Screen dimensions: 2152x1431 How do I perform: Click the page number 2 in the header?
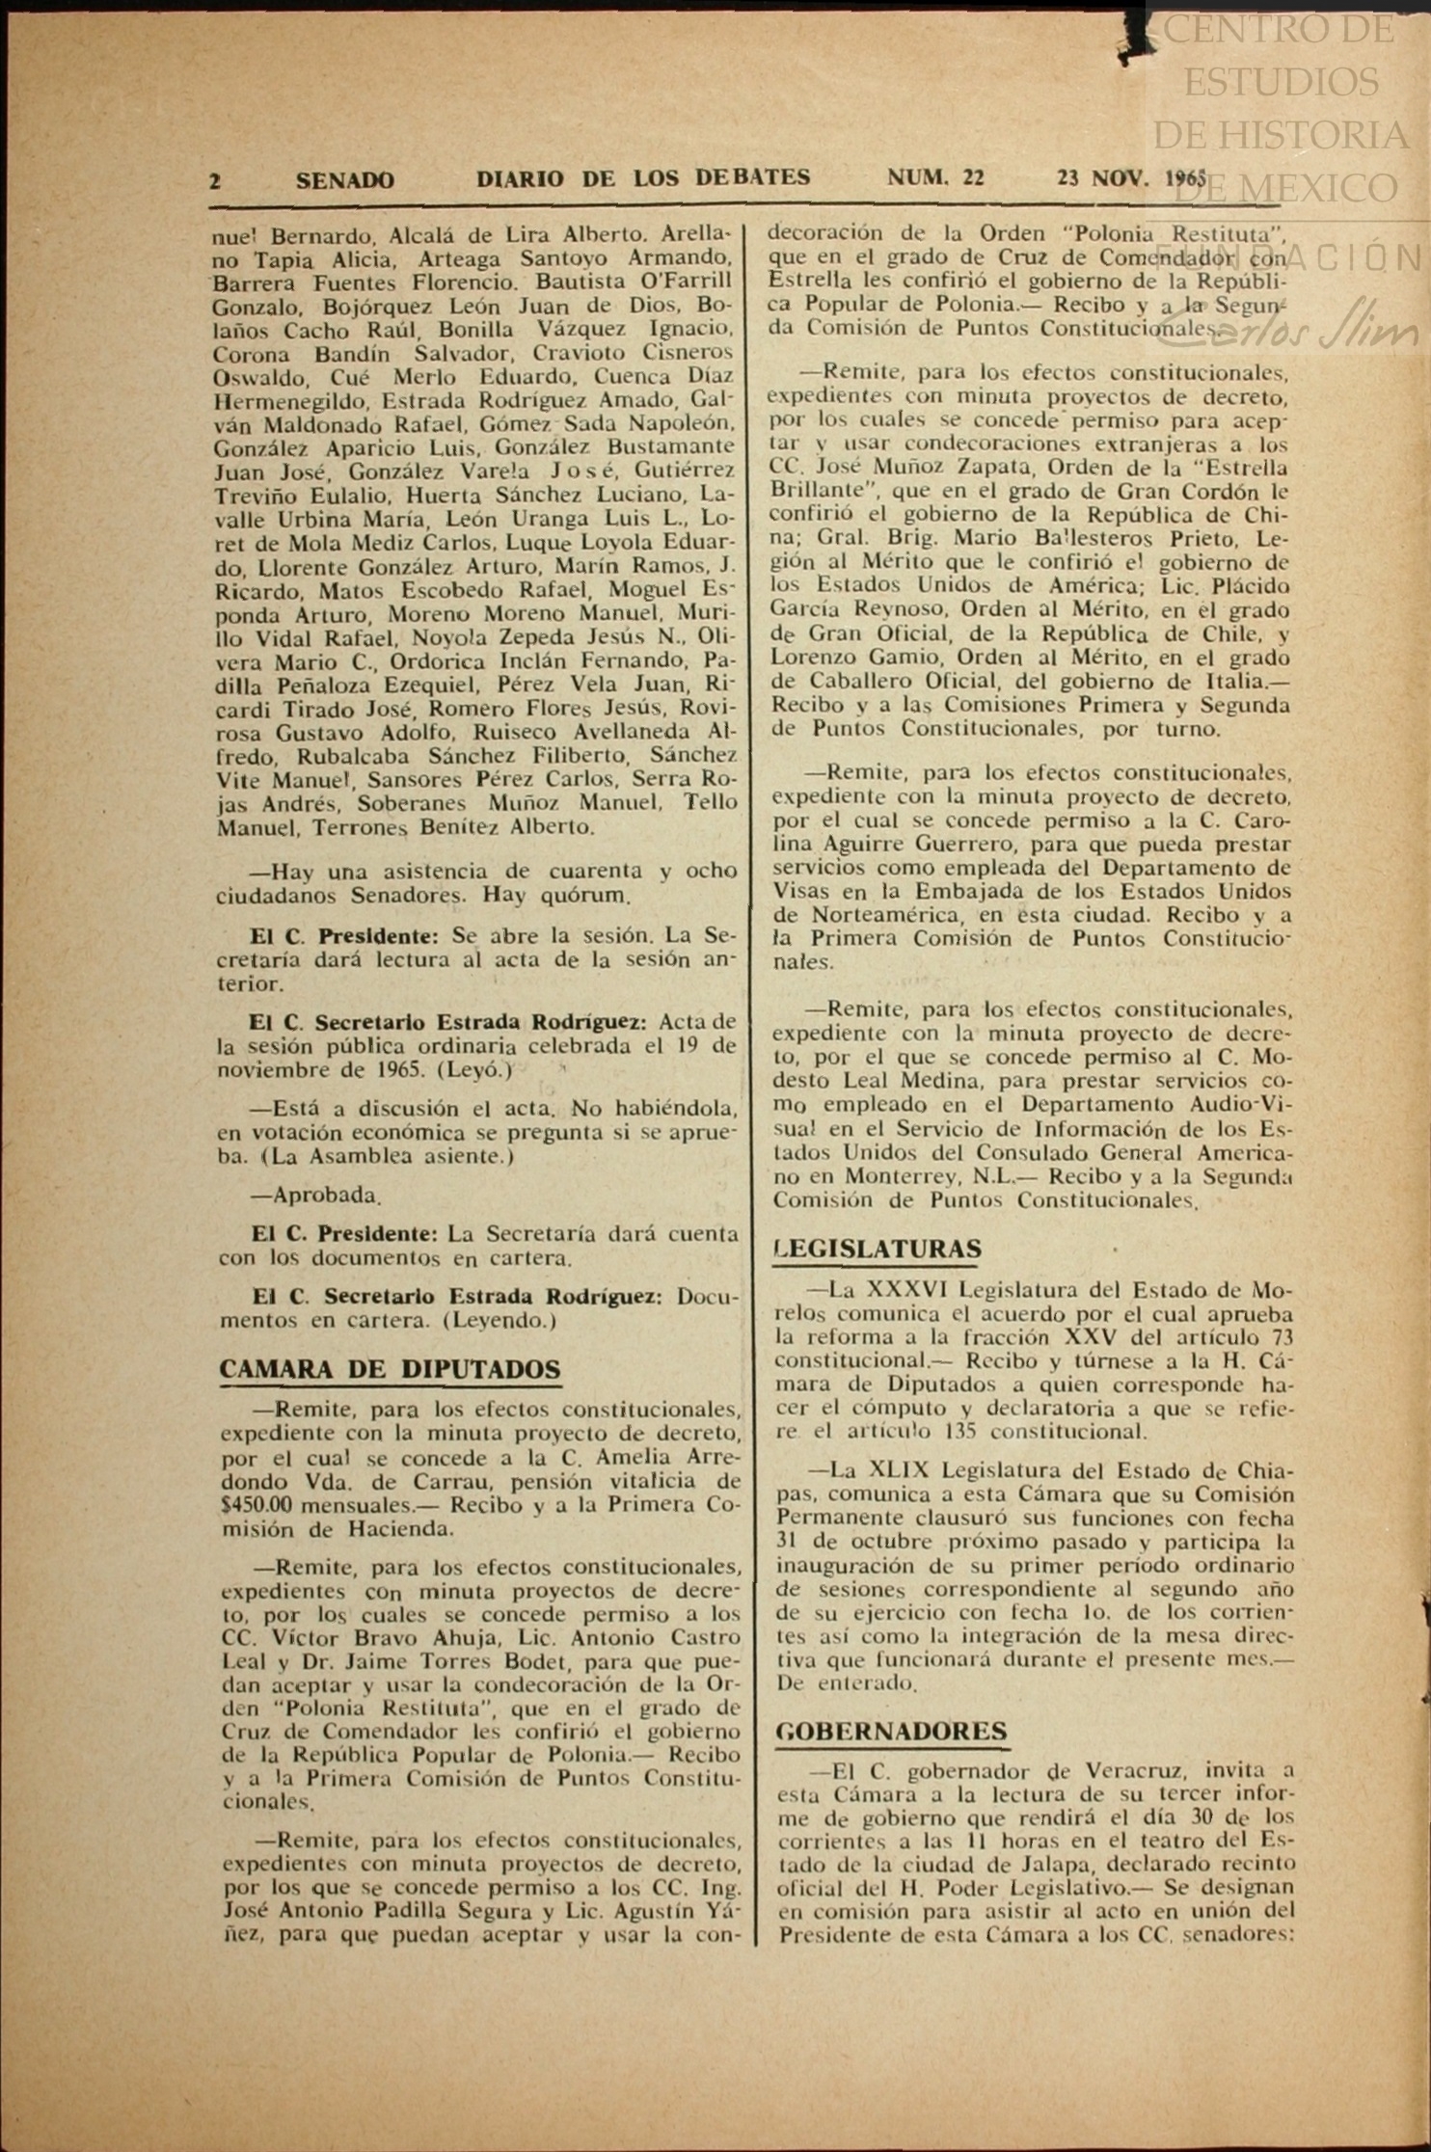click(215, 181)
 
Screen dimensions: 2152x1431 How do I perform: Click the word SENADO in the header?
click(344, 180)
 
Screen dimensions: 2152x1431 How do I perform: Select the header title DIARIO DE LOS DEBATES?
click(643, 178)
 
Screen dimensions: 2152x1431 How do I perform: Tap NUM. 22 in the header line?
click(935, 177)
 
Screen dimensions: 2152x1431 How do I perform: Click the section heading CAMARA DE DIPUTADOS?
click(390, 1370)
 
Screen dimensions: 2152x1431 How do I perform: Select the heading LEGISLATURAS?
click(877, 1249)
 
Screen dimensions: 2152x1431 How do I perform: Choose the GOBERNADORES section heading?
click(892, 1732)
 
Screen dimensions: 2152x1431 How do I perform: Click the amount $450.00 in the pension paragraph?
click(256, 1505)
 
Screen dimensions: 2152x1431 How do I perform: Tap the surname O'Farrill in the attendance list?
click(687, 282)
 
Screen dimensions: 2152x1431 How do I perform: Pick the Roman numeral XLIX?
click(899, 1470)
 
